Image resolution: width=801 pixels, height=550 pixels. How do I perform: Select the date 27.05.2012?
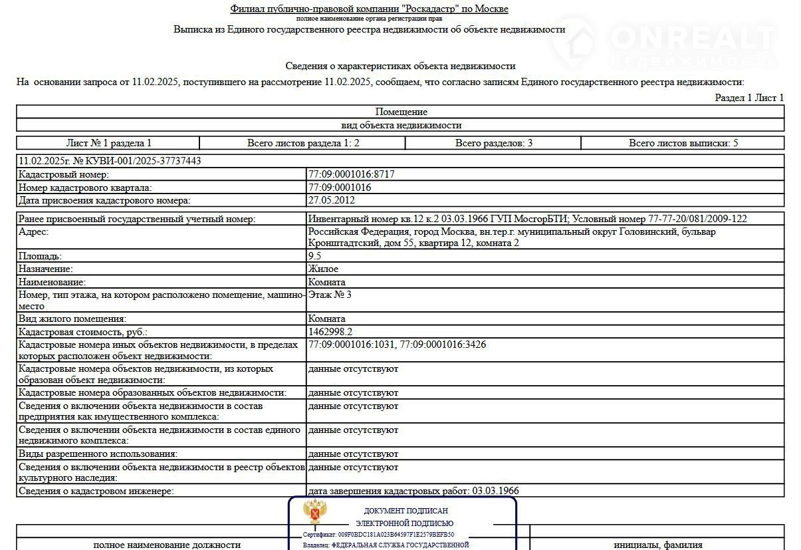(332, 200)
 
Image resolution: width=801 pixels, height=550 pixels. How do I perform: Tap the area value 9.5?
(314, 256)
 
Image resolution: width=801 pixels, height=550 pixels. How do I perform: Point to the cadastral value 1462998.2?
(330, 332)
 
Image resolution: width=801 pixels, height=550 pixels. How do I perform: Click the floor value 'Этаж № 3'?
(330, 295)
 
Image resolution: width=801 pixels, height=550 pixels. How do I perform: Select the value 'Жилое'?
(323, 269)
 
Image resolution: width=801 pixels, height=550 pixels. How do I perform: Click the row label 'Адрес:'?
(34, 232)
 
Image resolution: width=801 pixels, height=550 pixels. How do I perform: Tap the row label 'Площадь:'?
(41, 256)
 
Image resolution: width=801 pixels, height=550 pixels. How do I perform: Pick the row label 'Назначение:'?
(46, 269)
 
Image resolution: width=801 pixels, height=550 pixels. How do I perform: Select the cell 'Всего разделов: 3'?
(493, 143)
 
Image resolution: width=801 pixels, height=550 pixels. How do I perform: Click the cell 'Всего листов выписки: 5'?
(683, 143)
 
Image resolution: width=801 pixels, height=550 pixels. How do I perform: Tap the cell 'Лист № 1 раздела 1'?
(109, 143)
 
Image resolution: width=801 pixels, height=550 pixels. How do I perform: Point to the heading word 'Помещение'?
(401, 112)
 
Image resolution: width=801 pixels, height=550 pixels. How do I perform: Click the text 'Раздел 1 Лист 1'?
(749, 98)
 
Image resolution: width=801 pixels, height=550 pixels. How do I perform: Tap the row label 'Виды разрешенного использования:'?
(98, 454)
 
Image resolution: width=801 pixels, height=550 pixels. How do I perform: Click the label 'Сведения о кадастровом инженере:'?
(96, 491)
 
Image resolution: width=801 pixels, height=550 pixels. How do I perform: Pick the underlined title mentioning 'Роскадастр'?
(369, 9)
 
